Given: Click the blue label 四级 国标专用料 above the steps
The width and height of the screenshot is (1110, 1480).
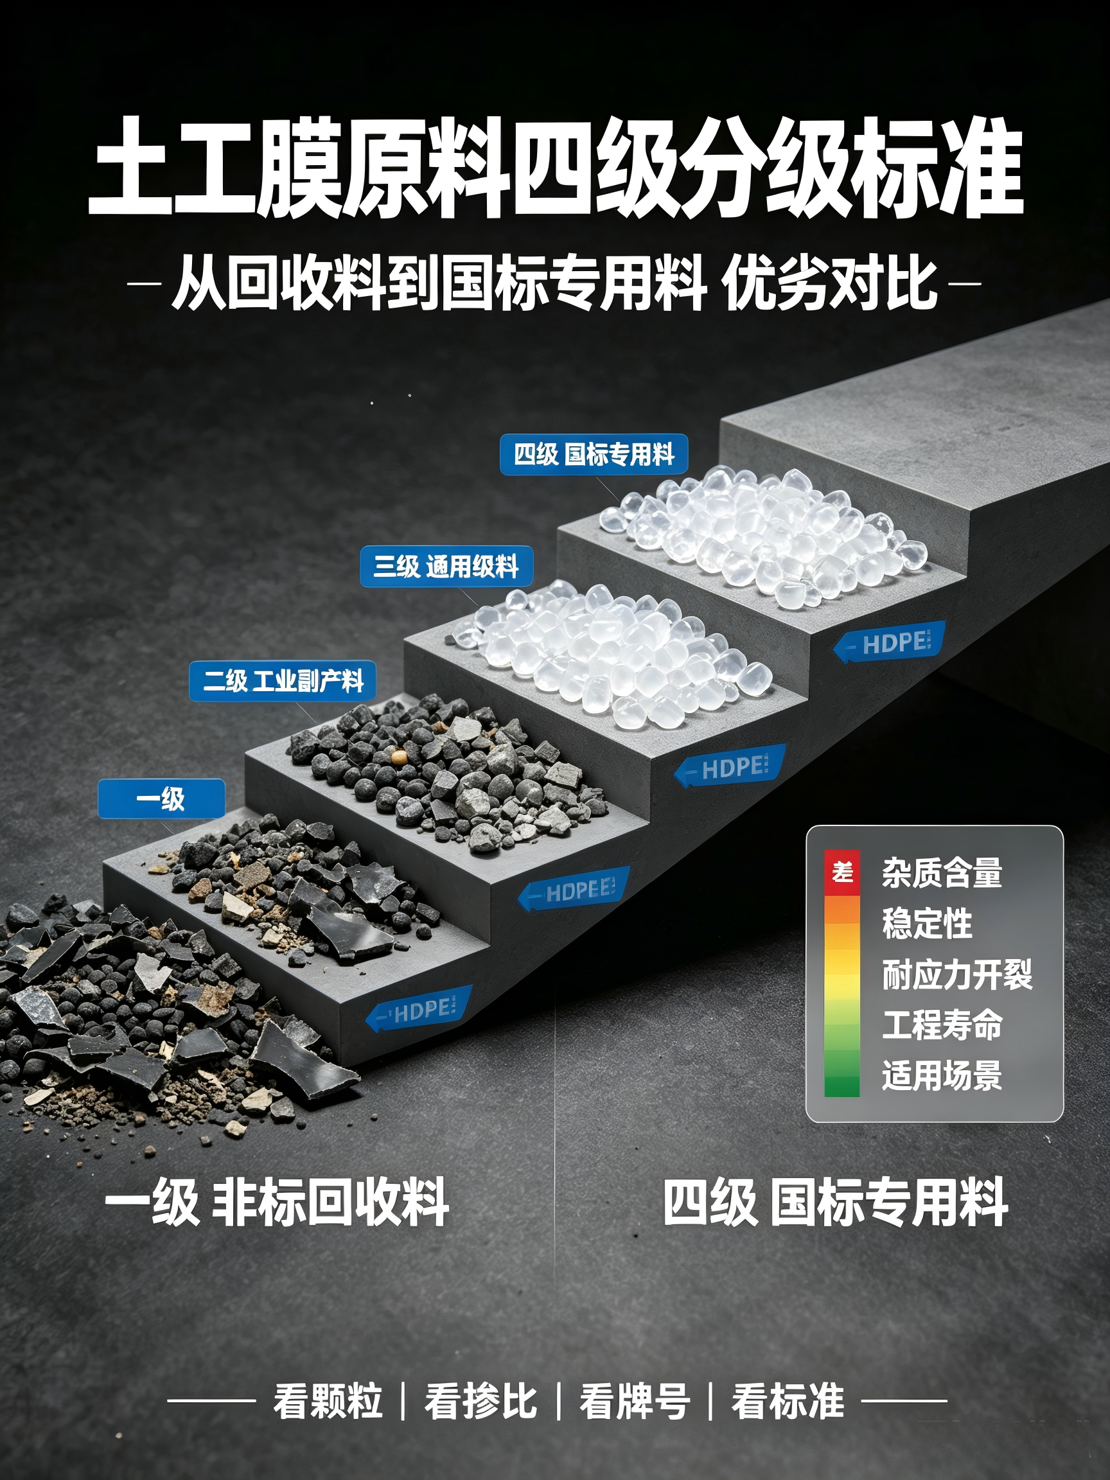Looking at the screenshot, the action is (594, 455).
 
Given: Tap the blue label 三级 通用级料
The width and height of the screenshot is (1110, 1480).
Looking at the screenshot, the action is (446, 567).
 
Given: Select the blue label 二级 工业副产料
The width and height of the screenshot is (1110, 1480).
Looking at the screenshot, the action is (283, 681).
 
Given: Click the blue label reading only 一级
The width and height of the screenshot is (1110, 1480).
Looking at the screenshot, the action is (161, 798).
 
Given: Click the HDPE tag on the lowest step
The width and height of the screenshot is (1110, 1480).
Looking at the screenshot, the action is (418, 1009).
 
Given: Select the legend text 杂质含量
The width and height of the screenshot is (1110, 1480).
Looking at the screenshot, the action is (942, 872).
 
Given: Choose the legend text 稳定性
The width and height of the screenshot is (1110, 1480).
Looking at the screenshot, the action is (927, 923).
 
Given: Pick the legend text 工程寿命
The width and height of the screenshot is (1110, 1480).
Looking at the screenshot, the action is (942, 1025).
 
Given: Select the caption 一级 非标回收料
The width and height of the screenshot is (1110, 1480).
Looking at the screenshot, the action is (276, 1202).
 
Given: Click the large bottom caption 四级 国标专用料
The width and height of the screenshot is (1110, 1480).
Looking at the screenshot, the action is (835, 1202).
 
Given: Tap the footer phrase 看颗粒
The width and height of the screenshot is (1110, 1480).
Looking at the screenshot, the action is (327, 1400).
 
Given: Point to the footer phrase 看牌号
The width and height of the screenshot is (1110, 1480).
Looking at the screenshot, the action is (634, 1400).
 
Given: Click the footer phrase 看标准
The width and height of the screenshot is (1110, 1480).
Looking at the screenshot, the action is (788, 1400).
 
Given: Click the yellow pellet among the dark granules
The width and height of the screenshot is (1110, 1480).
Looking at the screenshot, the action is (400, 756).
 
